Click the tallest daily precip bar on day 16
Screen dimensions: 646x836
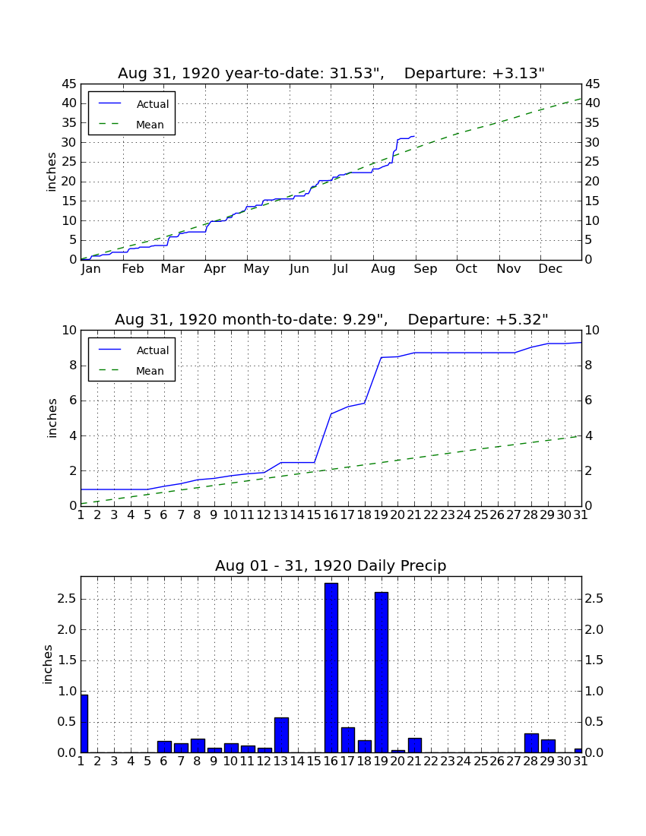point(331,667)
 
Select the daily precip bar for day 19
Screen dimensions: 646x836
point(381,673)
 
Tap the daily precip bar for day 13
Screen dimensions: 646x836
point(281,735)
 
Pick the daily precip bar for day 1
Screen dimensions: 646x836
point(84,724)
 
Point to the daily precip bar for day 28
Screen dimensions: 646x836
point(531,743)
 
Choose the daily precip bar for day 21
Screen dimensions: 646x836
point(415,746)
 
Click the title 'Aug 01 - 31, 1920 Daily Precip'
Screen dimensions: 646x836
point(331,565)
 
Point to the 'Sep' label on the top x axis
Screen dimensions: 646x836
point(426,269)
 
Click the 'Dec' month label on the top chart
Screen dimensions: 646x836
point(550,269)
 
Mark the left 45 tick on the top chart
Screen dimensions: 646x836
point(70,84)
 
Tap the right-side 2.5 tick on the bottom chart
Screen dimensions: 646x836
point(594,599)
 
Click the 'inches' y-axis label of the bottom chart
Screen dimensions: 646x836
point(48,664)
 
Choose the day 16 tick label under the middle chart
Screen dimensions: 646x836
point(331,515)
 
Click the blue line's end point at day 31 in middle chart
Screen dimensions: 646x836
point(581,342)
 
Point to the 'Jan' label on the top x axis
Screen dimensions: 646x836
point(91,269)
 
